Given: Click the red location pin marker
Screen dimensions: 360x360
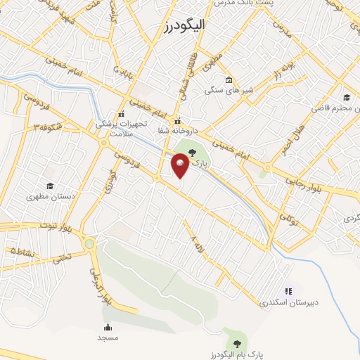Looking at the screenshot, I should point(180,166).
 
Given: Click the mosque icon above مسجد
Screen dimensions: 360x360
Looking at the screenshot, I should point(108,327).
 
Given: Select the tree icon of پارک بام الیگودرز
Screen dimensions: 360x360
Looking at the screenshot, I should point(237,343).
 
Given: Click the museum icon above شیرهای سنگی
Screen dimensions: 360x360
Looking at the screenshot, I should point(229,79).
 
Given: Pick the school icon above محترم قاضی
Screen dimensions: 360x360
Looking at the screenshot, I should point(346,97).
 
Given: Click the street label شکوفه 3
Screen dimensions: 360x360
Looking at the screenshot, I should point(49,127).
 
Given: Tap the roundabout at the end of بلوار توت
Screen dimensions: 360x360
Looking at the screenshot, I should point(89,244).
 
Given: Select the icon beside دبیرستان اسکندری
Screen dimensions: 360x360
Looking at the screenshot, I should point(288,290).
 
